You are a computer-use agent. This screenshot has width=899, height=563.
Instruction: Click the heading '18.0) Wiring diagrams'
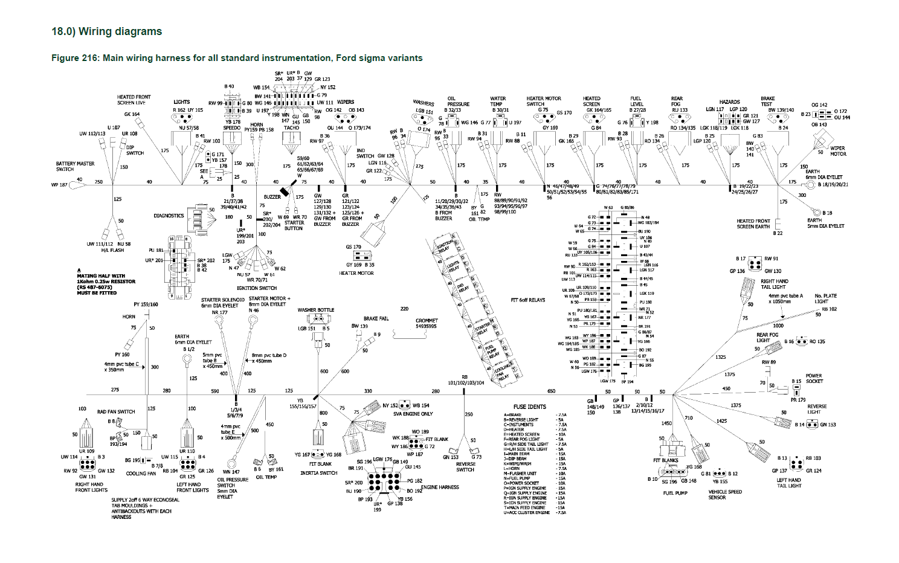point(107,31)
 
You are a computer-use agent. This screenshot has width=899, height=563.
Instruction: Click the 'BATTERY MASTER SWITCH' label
point(75,166)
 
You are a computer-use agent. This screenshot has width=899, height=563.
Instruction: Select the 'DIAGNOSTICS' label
point(169,216)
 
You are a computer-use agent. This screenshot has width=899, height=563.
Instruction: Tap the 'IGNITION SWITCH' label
point(256,288)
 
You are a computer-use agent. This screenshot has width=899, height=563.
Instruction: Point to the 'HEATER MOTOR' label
point(356,273)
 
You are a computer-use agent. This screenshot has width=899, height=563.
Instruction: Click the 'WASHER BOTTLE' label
point(315,310)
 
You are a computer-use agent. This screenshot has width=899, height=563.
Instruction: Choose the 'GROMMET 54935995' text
point(426,323)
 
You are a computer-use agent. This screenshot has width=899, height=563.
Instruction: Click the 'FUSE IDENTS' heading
point(529,407)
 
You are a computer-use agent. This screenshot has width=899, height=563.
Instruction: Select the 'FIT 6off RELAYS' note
point(527,300)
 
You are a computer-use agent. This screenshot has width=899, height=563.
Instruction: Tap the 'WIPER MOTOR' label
point(837,151)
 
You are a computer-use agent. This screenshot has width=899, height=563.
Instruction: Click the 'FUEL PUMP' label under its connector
point(675,493)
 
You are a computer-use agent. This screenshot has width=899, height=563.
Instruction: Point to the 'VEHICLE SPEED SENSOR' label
point(725,495)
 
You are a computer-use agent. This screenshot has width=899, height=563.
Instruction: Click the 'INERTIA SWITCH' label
point(318,473)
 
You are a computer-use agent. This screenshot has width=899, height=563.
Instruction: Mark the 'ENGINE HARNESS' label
point(440,487)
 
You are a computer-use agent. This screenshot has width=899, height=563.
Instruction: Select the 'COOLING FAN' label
point(141,474)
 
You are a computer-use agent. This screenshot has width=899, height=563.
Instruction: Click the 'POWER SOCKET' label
point(814,378)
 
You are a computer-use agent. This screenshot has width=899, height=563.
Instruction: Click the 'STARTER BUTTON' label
point(294,225)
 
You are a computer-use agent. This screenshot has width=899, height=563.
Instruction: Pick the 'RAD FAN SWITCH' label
point(116,411)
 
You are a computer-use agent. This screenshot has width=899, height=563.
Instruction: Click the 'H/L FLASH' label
point(113,251)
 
